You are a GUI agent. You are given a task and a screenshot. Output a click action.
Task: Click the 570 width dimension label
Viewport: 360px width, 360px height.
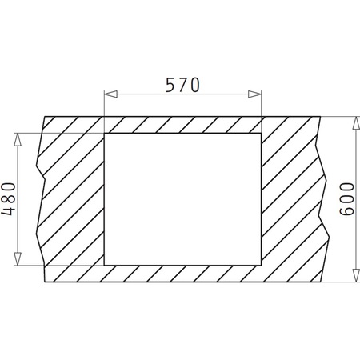pyautogui.click(x=183, y=84)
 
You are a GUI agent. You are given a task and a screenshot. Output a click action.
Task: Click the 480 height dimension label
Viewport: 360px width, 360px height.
pyautogui.click(x=9, y=198)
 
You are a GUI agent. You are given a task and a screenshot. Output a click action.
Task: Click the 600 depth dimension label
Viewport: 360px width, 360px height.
pyautogui.click(x=346, y=200)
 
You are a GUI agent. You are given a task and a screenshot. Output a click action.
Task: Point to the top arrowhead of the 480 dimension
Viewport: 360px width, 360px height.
pyautogui.click(x=17, y=138)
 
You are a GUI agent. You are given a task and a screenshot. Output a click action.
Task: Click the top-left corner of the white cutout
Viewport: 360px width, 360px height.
pyautogui.click(x=105, y=133)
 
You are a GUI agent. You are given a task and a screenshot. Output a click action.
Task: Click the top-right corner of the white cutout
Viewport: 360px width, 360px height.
pyautogui.click(x=261, y=133)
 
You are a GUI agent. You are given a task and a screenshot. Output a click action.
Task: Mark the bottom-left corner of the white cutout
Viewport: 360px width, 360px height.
pyautogui.click(x=105, y=265)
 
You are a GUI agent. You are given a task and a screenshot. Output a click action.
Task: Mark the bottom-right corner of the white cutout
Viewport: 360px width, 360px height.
pyautogui.click(x=261, y=265)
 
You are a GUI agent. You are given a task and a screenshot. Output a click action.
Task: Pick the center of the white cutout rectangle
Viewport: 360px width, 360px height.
pyautogui.click(x=182, y=198)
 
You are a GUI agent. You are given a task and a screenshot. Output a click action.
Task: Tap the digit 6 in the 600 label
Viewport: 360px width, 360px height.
pyautogui.click(x=346, y=214)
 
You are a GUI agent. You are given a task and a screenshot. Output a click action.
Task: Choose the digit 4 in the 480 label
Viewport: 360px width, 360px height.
pyautogui.click(x=9, y=212)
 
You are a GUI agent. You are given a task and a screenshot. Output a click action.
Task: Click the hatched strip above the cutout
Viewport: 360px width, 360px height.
pyautogui.click(x=182, y=124)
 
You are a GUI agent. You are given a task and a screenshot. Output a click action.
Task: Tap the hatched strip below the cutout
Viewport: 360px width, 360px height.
pyautogui.click(x=182, y=274)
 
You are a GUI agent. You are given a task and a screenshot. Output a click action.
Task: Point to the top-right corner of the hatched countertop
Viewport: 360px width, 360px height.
pyautogui.click(x=321, y=116)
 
